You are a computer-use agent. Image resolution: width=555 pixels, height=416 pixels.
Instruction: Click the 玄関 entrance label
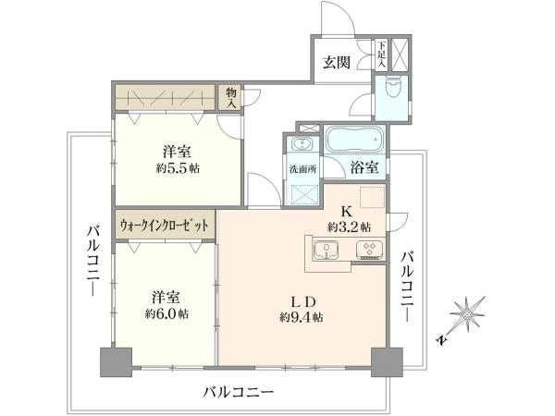pyautogui.click(x=336, y=63)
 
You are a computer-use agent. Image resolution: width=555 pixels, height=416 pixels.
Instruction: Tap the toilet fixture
pyautogui.click(x=391, y=91)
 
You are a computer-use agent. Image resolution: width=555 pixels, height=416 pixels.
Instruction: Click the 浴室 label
pyautogui.click(x=364, y=167)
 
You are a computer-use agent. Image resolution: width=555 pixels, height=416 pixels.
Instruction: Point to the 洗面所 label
pyautogui.click(x=302, y=169)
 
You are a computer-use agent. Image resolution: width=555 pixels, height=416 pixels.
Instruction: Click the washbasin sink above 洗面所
pyautogui.click(x=302, y=146)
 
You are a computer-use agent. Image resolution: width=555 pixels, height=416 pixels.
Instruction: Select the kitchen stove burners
pyautogui.click(x=369, y=251)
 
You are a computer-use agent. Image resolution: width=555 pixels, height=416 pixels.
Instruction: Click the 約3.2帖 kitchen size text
pyautogui.click(x=349, y=226)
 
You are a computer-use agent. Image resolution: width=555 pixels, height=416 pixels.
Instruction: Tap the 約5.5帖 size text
pyautogui.click(x=178, y=168)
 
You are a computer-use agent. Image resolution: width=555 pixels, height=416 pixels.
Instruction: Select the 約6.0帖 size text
pyautogui.click(x=168, y=313)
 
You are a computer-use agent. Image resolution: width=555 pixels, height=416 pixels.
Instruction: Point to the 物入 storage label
pyautogui.click(x=230, y=97)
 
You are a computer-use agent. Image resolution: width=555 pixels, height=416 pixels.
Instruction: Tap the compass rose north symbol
pyautogui.click(x=468, y=313)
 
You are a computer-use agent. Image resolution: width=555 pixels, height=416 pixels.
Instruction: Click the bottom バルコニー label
pyautogui.click(x=240, y=392)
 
